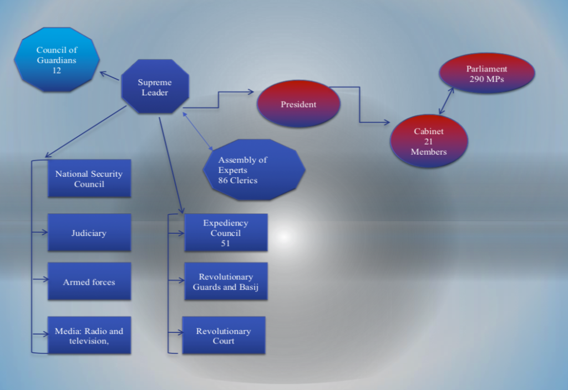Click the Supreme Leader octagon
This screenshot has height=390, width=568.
pyautogui.click(x=155, y=87)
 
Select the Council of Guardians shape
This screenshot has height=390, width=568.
pyautogui.click(x=57, y=60)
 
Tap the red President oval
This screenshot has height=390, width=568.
pyautogui.click(x=298, y=104)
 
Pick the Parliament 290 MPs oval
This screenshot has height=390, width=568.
pyautogui.click(x=486, y=74)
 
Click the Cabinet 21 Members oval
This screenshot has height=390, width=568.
pyautogui.click(x=429, y=141)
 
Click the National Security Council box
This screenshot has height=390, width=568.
pyautogui.click(x=89, y=178)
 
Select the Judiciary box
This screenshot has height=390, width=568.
pyautogui.click(x=89, y=233)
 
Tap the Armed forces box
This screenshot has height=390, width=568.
pyautogui.click(x=89, y=282)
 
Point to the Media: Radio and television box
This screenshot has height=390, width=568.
pyautogui.click(x=89, y=336)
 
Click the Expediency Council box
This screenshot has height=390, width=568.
pyautogui.click(x=225, y=233)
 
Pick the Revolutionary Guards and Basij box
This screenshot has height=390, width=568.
pyautogui.click(x=225, y=281)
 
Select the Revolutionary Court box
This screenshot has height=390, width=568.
pyautogui.click(x=224, y=336)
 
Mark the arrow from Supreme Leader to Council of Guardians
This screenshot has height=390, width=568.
pyautogui.click(x=110, y=76)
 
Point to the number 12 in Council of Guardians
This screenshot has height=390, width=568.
pyautogui.click(x=57, y=70)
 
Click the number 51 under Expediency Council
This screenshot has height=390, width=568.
pyautogui.click(x=225, y=243)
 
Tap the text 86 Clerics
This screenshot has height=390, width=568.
pyautogui.click(x=238, y=181)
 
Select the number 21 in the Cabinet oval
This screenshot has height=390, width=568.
pyautogui.click(x=428, y=141)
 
